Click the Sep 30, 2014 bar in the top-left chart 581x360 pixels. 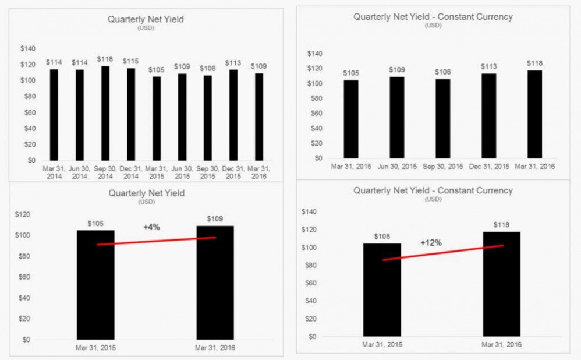click(105, 114)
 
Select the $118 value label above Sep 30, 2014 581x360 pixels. click(105, 59)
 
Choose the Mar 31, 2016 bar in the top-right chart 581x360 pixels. click(535, 114)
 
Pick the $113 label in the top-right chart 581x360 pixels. click(489, 66)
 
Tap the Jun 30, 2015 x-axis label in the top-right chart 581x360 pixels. click(398, 167)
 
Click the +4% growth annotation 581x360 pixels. click(151, 227)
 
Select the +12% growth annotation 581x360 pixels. click(431, 242)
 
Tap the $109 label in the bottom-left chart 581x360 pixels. click(215, 219)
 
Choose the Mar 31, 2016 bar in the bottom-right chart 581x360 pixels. click(501, 284)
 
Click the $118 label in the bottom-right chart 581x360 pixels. click(501, 225)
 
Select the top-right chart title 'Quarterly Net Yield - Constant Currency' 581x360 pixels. click(433, 17)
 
